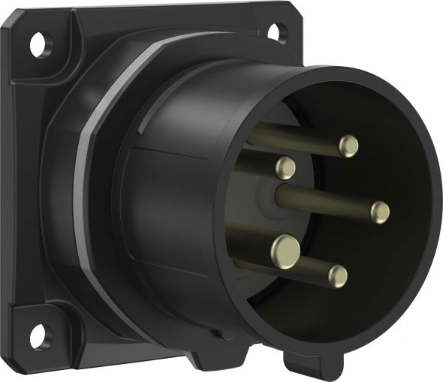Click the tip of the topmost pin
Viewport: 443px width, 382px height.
click(x=348, y=146)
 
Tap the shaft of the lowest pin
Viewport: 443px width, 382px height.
click(x=300, y=266)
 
